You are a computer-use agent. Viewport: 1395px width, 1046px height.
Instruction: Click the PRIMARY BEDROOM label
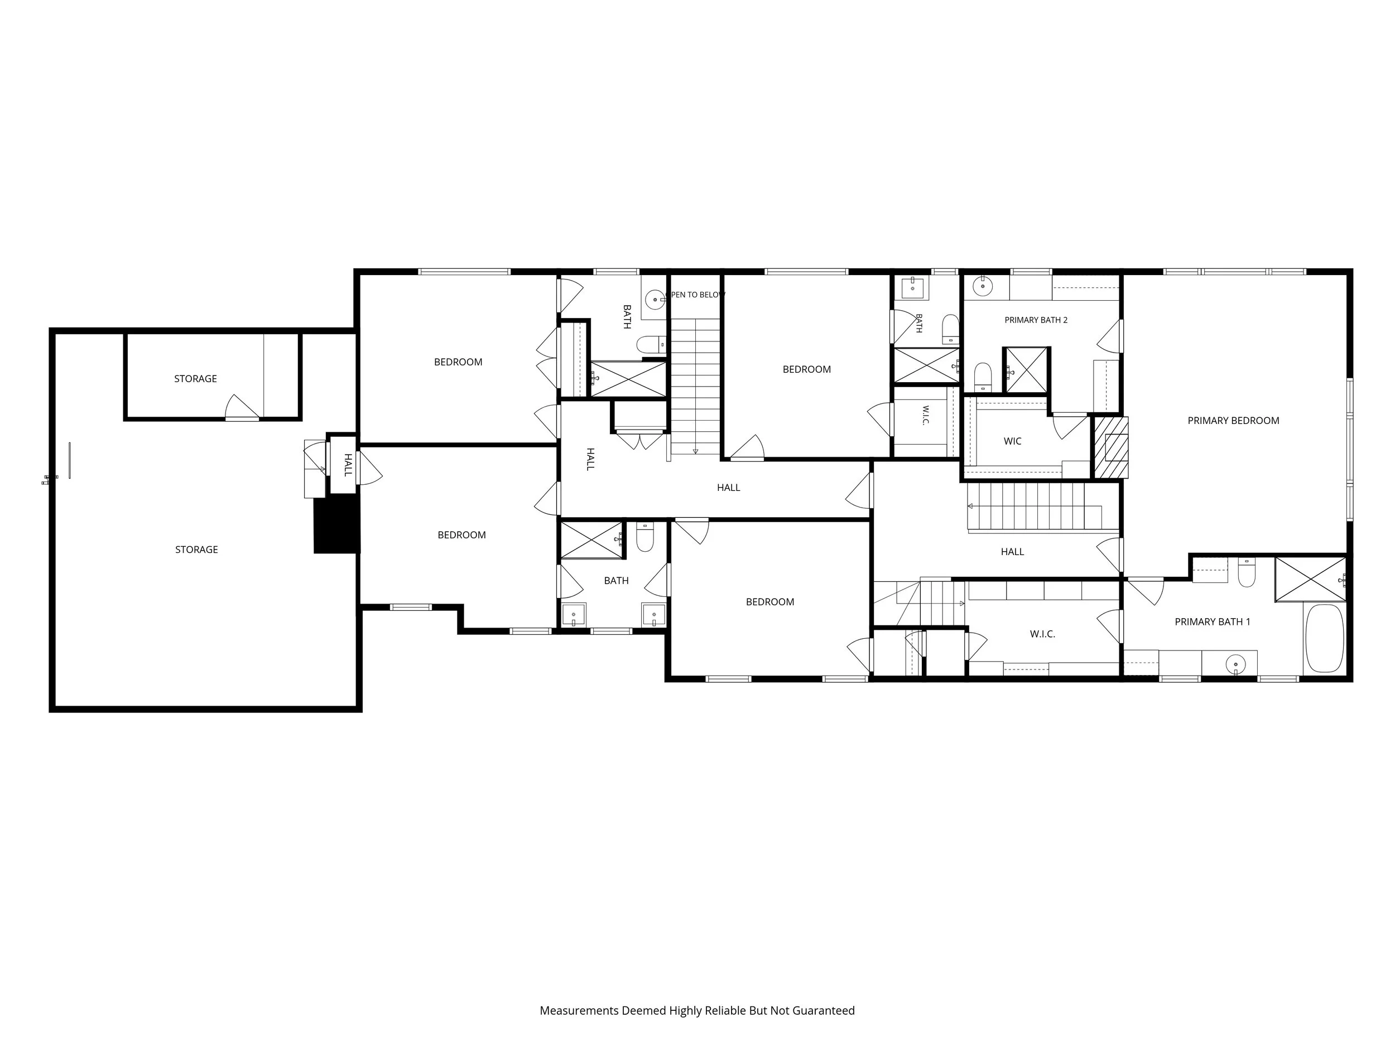tap(1233, 421)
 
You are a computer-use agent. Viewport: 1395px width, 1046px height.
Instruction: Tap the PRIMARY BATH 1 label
tap(1212, 621)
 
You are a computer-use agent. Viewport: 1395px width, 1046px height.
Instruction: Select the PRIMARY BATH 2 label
tap(1036, 320)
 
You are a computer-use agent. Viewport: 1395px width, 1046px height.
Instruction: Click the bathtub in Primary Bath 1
tap(1324, 638)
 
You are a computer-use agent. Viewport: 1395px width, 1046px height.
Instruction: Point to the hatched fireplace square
tap(1110, 447)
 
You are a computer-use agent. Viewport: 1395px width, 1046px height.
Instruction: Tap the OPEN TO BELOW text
tap(696, 295)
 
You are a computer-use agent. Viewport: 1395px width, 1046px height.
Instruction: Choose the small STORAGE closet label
tap(195, 378)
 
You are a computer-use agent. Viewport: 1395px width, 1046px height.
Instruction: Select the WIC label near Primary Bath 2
tap(1012, 441)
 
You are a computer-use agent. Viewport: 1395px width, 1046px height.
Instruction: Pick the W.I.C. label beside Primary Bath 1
tap(1042, 634)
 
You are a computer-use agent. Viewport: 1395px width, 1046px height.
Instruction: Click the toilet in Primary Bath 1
tap(1247, 572)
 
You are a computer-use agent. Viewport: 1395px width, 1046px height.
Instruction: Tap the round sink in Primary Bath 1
tap(1235, 664)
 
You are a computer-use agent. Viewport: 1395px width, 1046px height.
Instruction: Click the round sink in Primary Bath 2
tap(983, 286)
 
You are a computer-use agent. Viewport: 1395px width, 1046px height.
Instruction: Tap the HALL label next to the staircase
tap(1012, 552)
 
